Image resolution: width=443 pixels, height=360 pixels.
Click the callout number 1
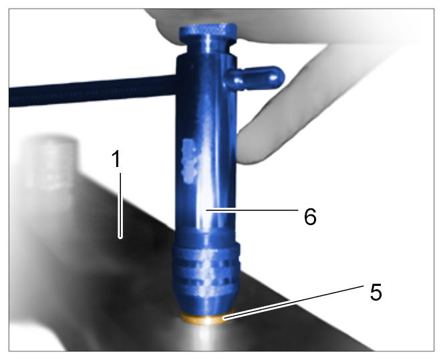coord(116,159)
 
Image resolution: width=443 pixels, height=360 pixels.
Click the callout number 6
coord(310,216)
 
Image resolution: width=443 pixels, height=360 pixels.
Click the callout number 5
coord(376,292)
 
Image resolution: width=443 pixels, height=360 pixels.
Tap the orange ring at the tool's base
coord(207,319)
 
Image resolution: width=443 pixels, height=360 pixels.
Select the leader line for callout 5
coord(293,303)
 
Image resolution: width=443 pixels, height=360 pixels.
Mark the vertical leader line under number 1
coord(120,206)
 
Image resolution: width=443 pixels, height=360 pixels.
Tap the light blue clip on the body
coord(188,161)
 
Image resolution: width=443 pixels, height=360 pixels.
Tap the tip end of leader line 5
coord(224,319)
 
